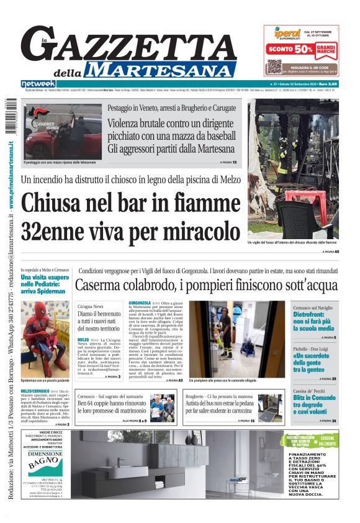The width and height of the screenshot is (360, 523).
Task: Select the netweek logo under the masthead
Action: pos(37,84)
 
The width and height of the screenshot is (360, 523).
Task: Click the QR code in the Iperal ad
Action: pos(274,66)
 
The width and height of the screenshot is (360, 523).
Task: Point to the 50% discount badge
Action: pos(304,48)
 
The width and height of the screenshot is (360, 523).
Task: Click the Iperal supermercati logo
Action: pos(282,33)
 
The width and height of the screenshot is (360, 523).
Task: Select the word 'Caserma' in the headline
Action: pos(100,286)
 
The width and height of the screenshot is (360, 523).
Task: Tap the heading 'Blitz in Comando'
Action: pos(315,398)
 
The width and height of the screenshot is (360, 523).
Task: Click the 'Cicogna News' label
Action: pos(91,307)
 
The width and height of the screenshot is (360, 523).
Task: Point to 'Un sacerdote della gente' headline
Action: pos(314,360)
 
